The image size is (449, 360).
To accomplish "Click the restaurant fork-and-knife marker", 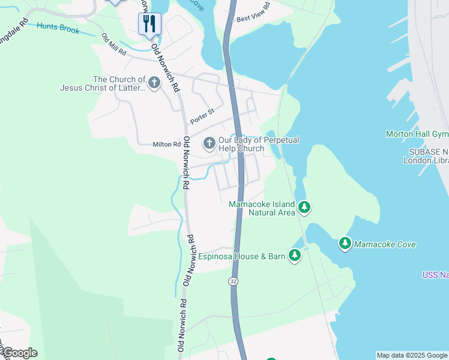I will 149,25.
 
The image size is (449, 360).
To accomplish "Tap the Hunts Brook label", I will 58,28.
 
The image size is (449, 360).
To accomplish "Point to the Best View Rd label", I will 253,12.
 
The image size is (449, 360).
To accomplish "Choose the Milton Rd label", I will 166,144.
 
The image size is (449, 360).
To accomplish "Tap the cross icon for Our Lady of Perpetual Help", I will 209,143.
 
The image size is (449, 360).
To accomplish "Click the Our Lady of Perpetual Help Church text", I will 258,144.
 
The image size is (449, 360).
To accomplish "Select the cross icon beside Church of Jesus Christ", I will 154,83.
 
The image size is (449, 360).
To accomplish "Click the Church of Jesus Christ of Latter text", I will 103,83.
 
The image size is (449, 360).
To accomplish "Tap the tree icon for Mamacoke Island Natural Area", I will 305,208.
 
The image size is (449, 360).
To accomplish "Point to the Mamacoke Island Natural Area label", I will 262,208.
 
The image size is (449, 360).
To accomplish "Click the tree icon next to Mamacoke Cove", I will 345,244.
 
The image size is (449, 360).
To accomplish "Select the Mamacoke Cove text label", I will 385,244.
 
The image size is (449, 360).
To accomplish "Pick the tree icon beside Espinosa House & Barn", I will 294,256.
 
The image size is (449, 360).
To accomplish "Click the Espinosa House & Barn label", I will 242,256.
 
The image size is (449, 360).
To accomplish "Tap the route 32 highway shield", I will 232,281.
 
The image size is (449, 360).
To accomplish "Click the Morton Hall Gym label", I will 417,133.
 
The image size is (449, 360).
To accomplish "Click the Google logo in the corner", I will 19,353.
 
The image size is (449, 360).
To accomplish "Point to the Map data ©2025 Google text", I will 412,355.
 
